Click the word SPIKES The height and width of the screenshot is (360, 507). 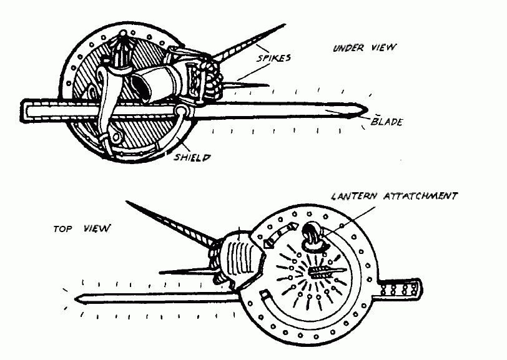click(273, 58)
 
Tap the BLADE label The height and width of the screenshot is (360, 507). click(386, 122)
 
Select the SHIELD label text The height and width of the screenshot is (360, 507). click(192, 157)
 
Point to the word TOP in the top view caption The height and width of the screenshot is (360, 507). click(62, 229)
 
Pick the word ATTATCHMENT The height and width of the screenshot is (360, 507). click(420, 196)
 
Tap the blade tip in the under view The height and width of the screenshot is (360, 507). click(368, 110)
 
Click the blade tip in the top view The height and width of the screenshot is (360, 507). click(75, 299)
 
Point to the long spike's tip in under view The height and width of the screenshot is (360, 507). click(285, 24)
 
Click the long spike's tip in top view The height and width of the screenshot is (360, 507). click(126, 202)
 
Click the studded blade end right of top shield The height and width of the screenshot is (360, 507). click(401, 289)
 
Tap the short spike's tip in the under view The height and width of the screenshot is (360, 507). click(268, 85)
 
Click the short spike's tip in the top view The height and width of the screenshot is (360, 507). click(160, 273)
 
